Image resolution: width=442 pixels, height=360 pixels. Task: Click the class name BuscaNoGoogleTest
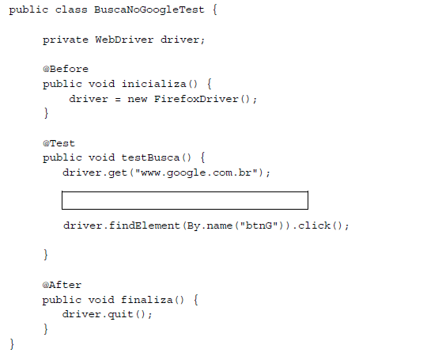point(149,9)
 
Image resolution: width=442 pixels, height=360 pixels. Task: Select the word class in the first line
point(71,9)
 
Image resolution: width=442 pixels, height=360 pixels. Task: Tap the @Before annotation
point(66,69)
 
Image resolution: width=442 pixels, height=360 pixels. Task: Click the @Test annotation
point(59,143)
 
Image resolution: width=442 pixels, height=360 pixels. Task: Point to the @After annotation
point(62,285)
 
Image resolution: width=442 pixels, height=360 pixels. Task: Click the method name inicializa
point(154,84)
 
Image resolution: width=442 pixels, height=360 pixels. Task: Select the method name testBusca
point(150,157)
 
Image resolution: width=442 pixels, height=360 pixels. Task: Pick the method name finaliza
point(147,300)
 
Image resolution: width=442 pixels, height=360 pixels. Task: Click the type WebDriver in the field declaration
point(124,40)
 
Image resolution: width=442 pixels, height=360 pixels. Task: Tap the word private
point(66,40)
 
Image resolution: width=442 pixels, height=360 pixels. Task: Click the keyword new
point(138,99)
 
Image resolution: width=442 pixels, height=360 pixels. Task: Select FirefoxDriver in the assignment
point(196,99)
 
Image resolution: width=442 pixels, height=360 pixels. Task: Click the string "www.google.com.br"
point(196,172)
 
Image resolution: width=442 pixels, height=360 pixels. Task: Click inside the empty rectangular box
point(185,201)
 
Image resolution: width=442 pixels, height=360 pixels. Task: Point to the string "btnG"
point(259,225)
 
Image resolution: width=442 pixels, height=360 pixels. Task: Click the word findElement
point(145,225)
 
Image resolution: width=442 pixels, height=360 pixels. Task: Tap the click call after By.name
point(315,225)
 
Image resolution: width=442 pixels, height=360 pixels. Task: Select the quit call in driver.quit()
point(121,315)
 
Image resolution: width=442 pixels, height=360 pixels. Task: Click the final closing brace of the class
point(12,344)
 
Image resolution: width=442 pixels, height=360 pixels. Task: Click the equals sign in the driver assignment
point(118,100)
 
